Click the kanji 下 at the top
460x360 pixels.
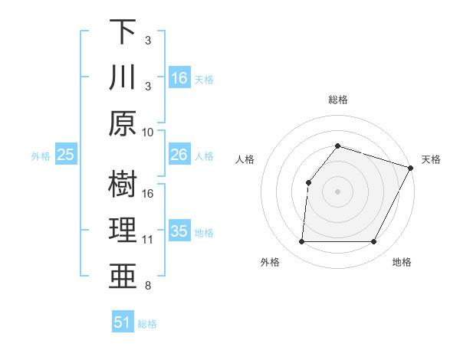point(122,33)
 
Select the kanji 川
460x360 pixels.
point(122,78)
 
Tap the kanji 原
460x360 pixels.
point(122,123)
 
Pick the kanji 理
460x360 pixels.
point(122,231)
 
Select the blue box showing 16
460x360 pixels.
point(179,78)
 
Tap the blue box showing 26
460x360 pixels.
point(179,155)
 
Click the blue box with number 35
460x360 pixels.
point(179,231)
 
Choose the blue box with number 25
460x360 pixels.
point(66,155)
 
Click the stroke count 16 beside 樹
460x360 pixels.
point(148,193)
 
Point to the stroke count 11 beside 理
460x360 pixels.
point(148,240)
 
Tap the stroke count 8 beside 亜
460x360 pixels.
point(148,286)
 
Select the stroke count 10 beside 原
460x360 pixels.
point(148,132)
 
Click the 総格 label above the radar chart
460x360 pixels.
point(337,100)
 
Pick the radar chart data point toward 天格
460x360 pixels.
point(411,167)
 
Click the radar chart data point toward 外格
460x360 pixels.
point(301,242)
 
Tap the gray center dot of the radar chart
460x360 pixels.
point(337,191)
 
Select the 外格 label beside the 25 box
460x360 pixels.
point(41,156)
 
